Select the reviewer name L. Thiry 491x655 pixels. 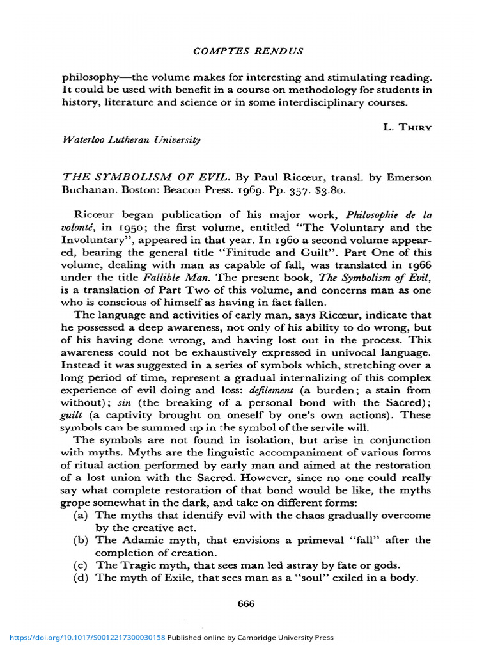pos(407,127)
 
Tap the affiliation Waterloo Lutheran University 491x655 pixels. pos(130,139)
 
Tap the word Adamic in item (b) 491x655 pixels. pos(136,540)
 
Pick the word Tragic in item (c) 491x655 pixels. pos(135,565)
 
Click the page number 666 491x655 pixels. pos(245,603)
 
